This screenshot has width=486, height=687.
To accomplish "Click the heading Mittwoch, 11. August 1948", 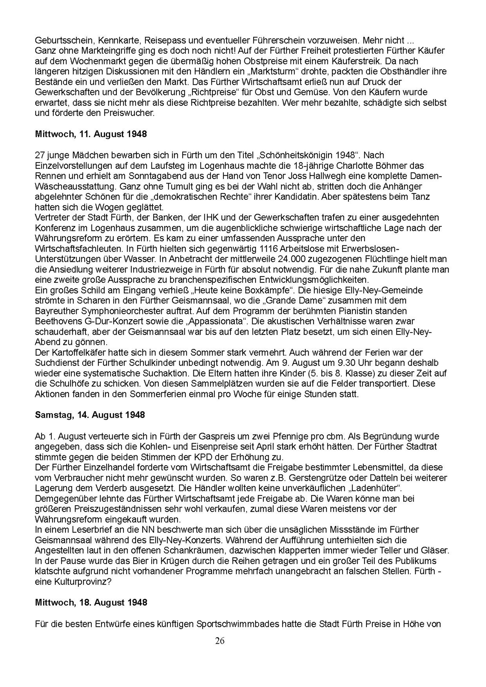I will (91, 134).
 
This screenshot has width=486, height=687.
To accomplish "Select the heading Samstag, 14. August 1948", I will (90, 415).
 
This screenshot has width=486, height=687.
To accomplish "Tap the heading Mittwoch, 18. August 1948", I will (91, 602).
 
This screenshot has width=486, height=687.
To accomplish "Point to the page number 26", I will (220, 641).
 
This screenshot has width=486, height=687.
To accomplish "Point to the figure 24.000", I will (291, 259).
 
